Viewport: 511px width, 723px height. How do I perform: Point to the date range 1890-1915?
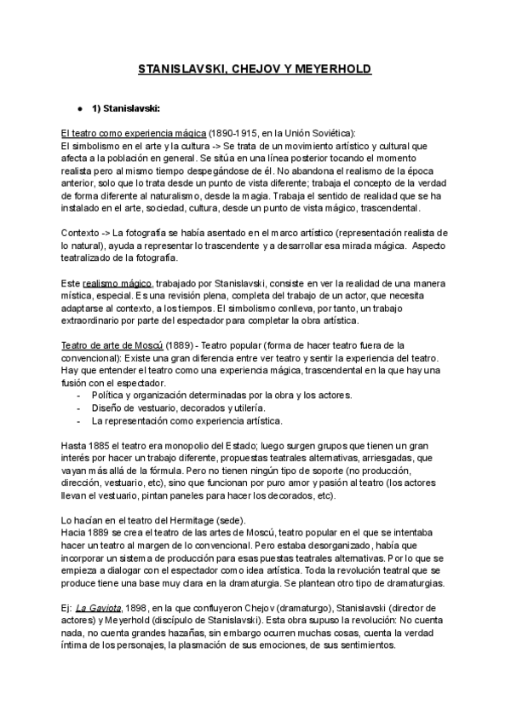pos(236,134)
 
